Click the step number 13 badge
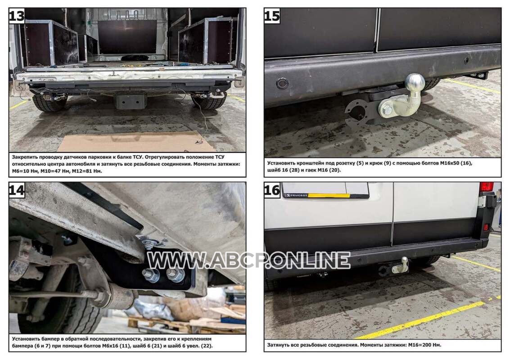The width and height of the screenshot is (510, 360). click(x=17, y=16)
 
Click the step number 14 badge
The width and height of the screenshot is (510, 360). click(x=17, y=190)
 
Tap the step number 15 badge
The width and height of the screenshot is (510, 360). click(x=272, y=16)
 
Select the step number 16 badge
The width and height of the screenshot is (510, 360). click(x=272, y=190)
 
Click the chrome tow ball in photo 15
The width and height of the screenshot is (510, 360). click(x=415, y=82)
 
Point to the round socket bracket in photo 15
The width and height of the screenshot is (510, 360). click(x=358, y=112)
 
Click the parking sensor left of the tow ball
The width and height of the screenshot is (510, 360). click(x=282, y=83)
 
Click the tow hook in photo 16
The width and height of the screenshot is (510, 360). click(x=401, y=266)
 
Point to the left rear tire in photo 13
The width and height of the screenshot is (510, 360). click(x=48, y=103)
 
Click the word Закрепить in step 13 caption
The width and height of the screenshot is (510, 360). click(x=26, y=157)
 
